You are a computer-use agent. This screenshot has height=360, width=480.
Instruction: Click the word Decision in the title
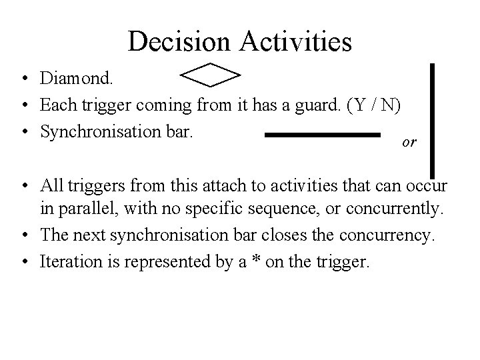[179, 41]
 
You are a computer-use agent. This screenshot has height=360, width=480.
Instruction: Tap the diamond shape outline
[210, 75]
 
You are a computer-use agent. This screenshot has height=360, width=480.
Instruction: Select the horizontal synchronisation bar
[322, 135]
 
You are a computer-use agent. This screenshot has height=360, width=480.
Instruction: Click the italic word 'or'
[410, 143]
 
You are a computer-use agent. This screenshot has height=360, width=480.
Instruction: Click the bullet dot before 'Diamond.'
[24, 80]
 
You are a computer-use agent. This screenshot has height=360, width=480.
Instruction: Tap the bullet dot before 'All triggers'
[24, 184]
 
